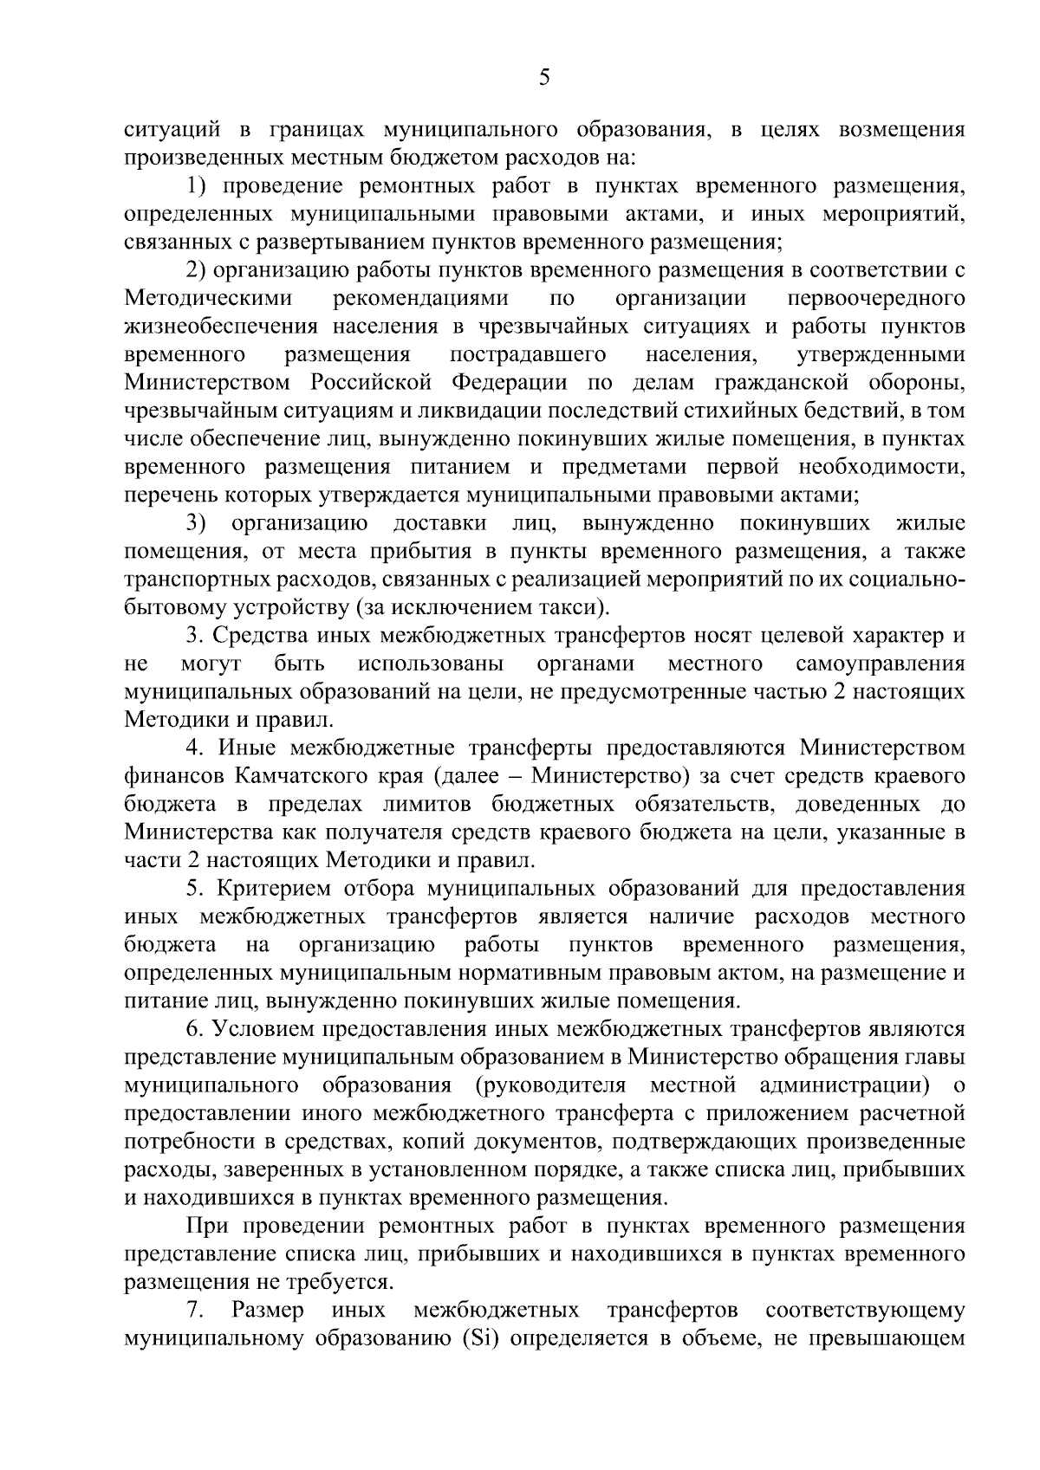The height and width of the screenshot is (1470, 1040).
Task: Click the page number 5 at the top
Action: click(x=543, y=78)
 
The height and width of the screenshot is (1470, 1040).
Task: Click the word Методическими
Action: click(x=208, y=299)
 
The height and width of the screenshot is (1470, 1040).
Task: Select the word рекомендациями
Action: click(x=420, y=299)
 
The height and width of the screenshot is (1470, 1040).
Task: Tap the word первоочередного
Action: click(x=875, y=299)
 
